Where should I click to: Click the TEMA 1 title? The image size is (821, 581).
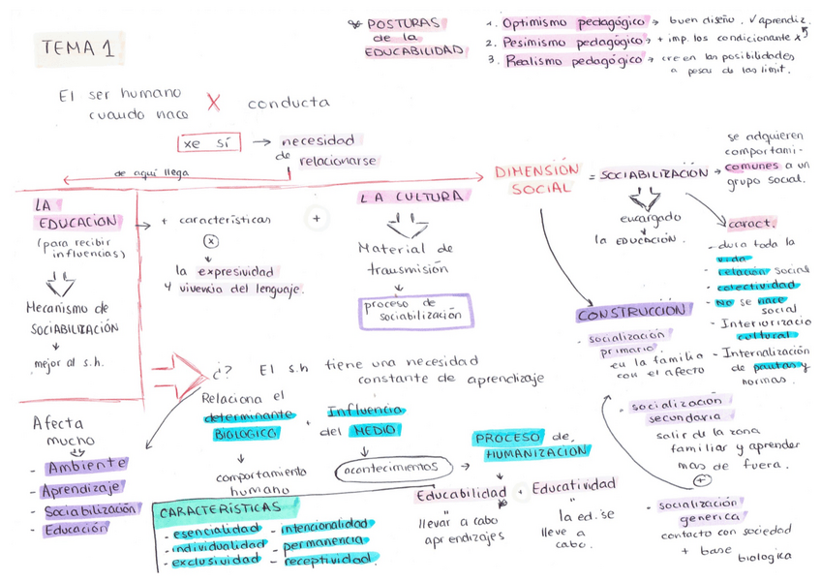[x=77, y=48]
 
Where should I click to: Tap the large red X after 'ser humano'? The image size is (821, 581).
[x=214, y=102]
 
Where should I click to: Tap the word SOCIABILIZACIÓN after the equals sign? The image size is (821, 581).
[x=654, y=174]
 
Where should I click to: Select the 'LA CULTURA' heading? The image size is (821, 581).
[x=410, y=197]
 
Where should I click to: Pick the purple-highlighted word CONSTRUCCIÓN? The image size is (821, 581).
[x=634, y=315]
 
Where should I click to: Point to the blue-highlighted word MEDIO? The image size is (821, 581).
[x=375, y=430]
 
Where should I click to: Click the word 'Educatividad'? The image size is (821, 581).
[x=574, y=484]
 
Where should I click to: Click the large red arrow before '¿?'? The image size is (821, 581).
[x=183, y=370]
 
